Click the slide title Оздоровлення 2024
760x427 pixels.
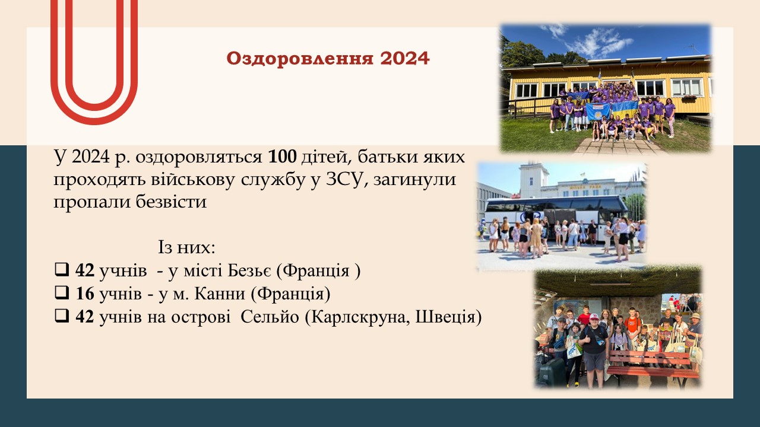coord(328,59)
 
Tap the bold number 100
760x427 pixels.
coord(282,157)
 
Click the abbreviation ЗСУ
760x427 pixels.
coord(347,180)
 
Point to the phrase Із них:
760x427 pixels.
coord(186,248)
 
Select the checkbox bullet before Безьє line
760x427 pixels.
coord(62,270)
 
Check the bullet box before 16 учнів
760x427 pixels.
coord(62,293)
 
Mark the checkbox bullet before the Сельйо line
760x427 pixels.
coord(62,317)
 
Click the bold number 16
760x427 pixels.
coord(85,294)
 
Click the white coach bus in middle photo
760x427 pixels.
coord(556,218)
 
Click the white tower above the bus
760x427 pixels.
coord(534,180)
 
